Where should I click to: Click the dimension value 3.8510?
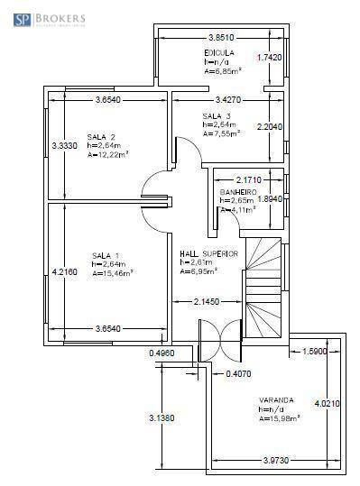tap(221, 38)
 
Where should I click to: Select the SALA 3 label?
tap(217, 116)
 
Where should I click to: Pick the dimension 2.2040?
tap(271, 127)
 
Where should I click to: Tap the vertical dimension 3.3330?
tap(65, 145)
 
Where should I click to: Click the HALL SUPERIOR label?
tap(208, 253)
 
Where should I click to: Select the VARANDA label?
tap(276, 399)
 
